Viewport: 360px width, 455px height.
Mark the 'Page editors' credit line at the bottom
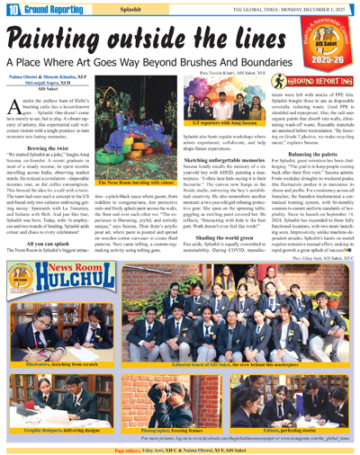(x=180, y=449)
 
